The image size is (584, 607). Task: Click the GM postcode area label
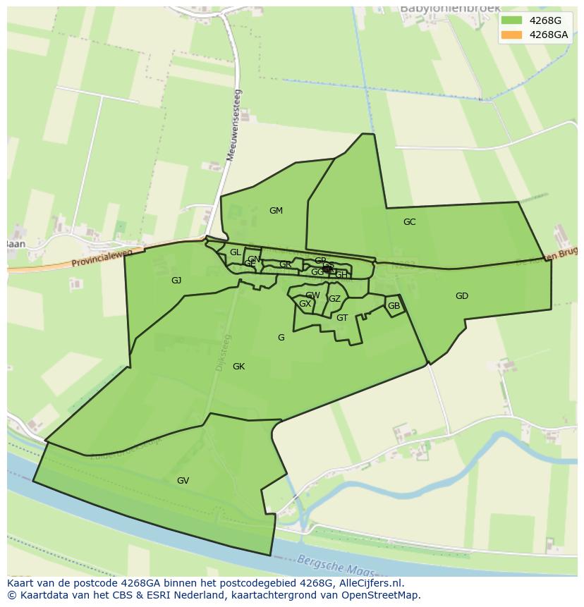(276, 211)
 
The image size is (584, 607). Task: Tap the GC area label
(409, 222)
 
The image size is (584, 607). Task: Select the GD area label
(462, 296)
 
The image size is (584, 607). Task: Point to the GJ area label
(176, 281)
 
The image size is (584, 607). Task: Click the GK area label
(238, 367)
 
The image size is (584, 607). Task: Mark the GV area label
(183, 481)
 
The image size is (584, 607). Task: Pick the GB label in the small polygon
(394, 306)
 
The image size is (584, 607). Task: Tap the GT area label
(342, 318)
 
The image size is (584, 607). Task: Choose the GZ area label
(334, 299)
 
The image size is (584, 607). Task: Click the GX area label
(305, 304)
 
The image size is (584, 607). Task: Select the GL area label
(235, 252)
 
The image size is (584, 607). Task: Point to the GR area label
(285, 265)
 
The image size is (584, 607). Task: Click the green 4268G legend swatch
(511, 20)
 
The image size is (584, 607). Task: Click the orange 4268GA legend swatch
(511, 35)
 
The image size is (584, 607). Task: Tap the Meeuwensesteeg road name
(233, 125)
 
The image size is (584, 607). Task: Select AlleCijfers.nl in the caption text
(368, 583)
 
